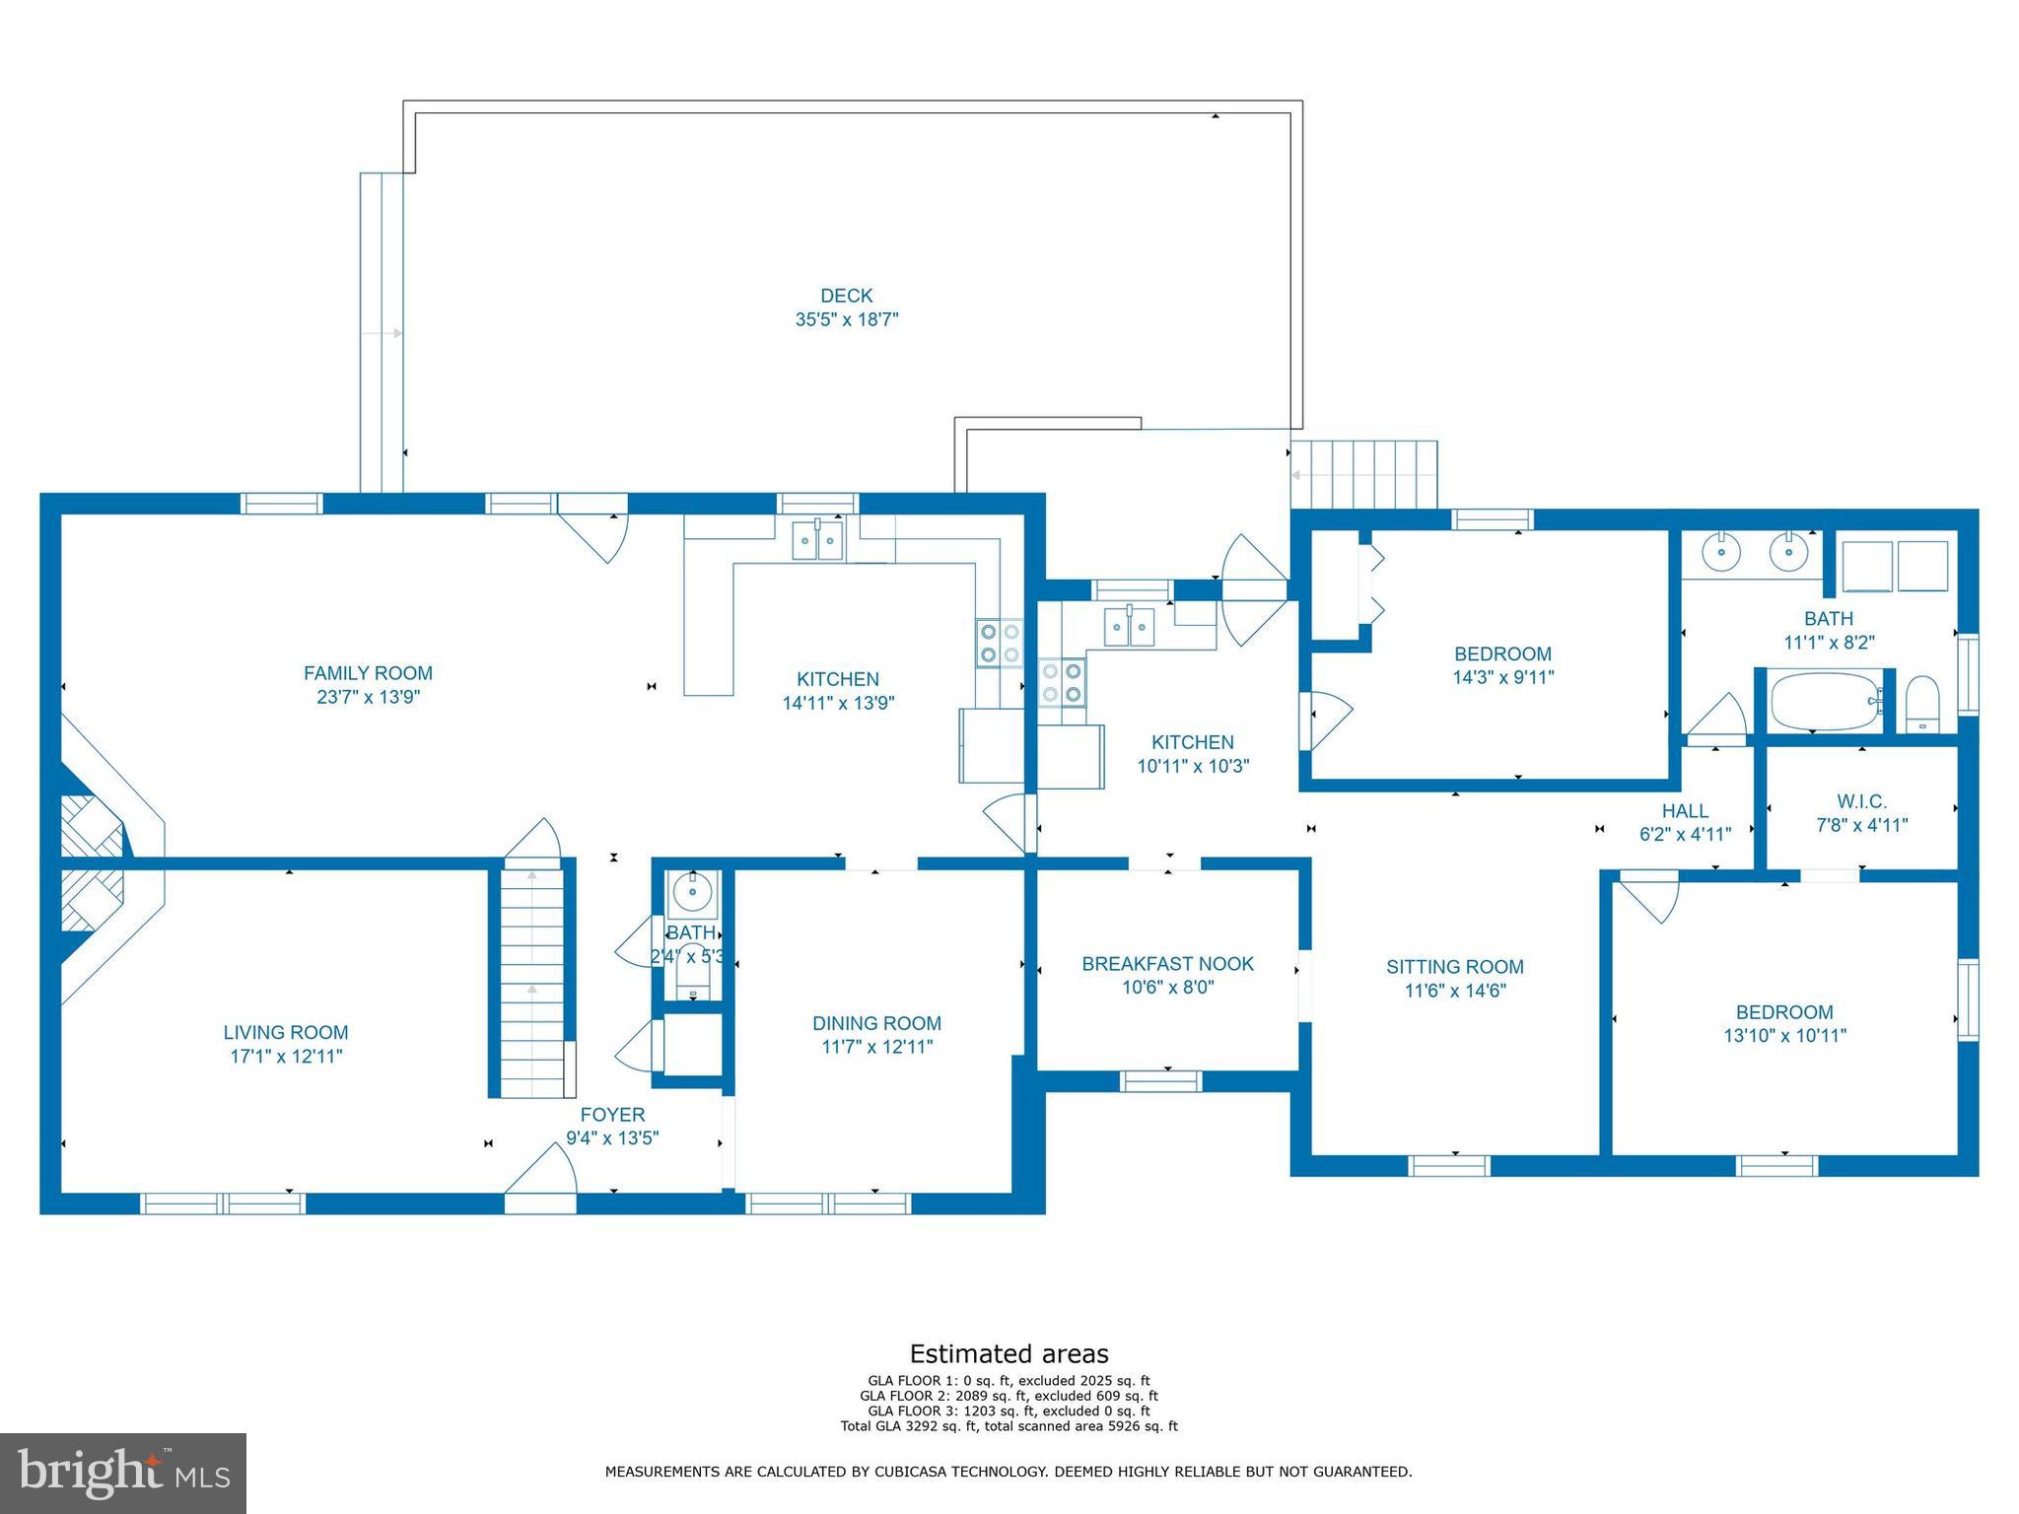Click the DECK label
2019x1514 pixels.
tap(847, 296)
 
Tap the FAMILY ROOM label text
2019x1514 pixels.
tap(368, 673)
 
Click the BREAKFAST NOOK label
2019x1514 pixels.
tap(1168, 964)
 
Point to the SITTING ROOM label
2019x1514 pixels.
tap(1455, 967)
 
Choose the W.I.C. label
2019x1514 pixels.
tap(1862, 802)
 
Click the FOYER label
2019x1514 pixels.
tap(612, 1115)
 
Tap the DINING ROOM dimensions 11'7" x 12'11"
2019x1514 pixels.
tap(876, 1047)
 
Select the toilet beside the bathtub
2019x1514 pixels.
tap(1923, 704)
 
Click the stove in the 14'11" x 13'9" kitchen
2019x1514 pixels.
tap(1000, 643)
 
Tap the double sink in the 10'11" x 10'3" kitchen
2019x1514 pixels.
tap(1130, 627)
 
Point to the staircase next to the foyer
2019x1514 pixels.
tap(532, 980)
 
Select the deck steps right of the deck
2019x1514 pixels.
tap(1364, 474)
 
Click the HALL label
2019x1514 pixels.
tap(1686, 811)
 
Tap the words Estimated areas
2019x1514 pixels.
tap(1009, 1353)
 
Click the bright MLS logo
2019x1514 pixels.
tap(123, 1474)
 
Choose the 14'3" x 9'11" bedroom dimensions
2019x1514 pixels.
tap(1502, 677)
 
